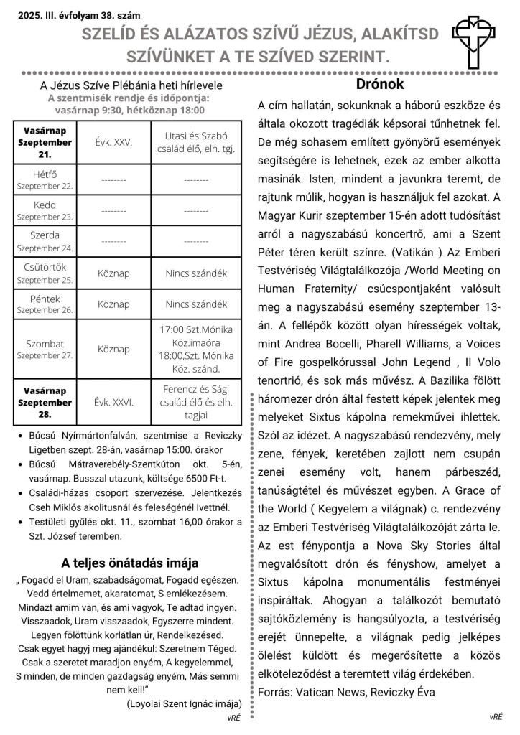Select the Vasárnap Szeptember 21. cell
45,142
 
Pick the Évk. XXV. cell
113,142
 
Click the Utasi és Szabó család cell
196,142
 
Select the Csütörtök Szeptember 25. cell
45,273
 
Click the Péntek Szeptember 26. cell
45,304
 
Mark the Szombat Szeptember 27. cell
45,350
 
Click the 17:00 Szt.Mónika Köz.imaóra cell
196,350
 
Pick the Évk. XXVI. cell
113,402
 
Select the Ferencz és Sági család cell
196,402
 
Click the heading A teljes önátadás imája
129,563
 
